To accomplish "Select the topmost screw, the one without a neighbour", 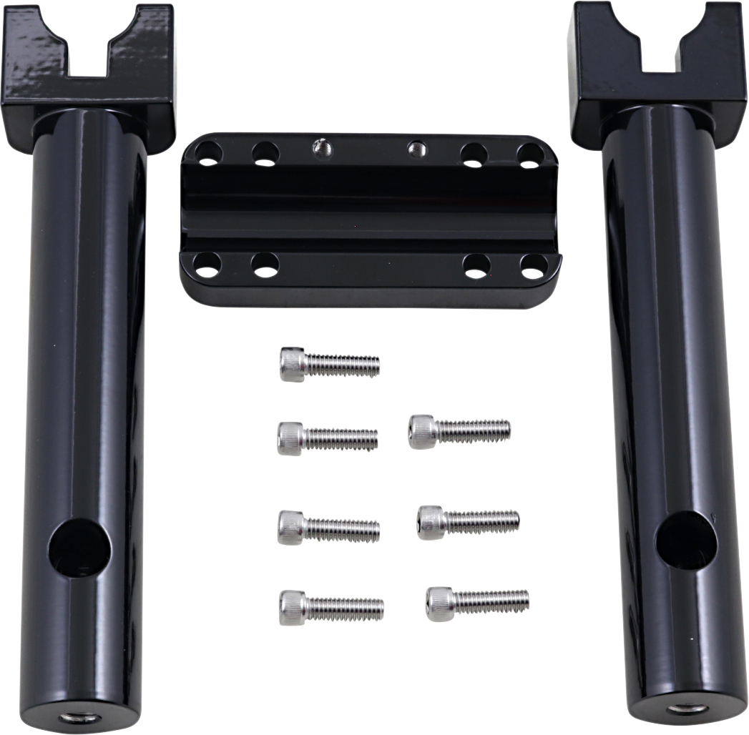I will coord(329,364).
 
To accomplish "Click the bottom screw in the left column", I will coord(331,608).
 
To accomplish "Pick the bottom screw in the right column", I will coord(477,603).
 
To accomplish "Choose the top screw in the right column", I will coord(459,431).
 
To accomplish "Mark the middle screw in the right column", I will coord(469,522).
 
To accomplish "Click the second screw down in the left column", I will coord(328,438).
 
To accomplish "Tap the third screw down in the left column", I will coord(328,528).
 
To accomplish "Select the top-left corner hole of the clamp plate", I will coord(209,154).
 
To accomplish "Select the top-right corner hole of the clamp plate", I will coord(530,155).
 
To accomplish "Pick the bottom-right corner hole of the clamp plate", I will coord(534,267).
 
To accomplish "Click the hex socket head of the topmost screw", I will coord(292,364).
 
